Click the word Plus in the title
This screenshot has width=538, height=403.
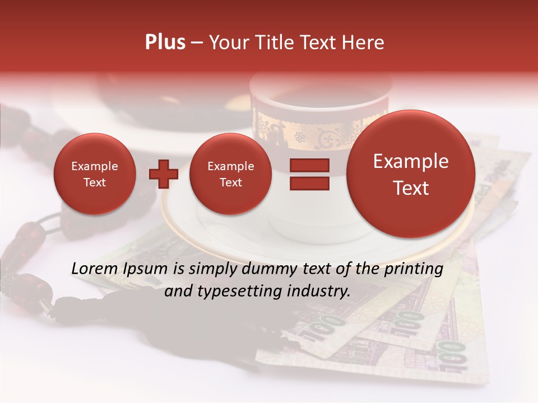(x=165, y=43)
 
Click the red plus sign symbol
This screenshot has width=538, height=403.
(x=163, y=174)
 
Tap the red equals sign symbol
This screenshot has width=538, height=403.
(x=309, y=174)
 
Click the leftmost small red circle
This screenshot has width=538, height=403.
(x=94, y=174)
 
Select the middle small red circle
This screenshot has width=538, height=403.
(x=230, y=174)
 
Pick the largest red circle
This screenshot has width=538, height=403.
(x=411, y=174)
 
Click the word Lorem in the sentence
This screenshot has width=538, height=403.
(x=95, y=269)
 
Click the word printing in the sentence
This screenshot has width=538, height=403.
(x=412, y=269)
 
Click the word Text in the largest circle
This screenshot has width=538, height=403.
(x=411, y=188)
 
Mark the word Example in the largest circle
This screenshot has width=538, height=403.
(x=411, y=161)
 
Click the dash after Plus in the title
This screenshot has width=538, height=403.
(x=197, y=43)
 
